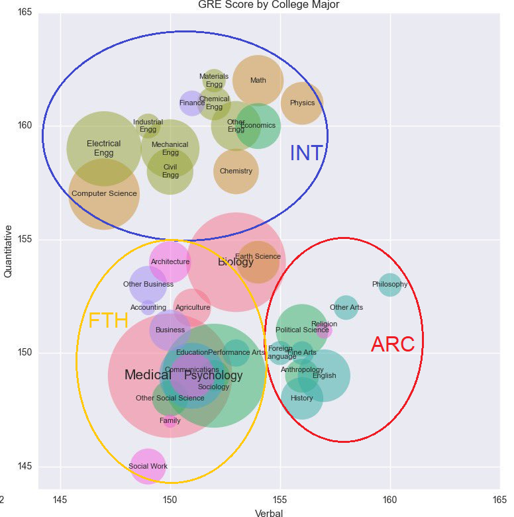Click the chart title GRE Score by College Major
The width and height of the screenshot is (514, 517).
point(268,5)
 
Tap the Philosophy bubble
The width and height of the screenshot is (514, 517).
point(389,285)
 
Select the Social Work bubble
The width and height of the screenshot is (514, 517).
point(148,466)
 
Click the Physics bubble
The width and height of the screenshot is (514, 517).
point(302,103)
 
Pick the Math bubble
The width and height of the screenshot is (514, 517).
point(258,81)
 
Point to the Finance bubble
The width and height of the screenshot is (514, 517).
point(192,103)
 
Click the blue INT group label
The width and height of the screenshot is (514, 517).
point(307,153)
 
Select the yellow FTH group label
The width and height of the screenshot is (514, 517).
point(108,321)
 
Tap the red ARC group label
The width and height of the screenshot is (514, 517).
point(392,344)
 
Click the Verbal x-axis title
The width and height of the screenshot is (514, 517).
point(269,512)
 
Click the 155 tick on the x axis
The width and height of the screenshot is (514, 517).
point(280,497)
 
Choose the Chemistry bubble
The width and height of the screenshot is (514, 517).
point(236,171)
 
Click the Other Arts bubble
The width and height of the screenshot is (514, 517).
point(346,308)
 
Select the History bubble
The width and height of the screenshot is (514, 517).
point(302,399)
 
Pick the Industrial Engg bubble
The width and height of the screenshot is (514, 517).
point(148,125)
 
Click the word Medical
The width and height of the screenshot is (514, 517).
point(148,375)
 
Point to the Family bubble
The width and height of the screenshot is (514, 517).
point(170,420)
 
